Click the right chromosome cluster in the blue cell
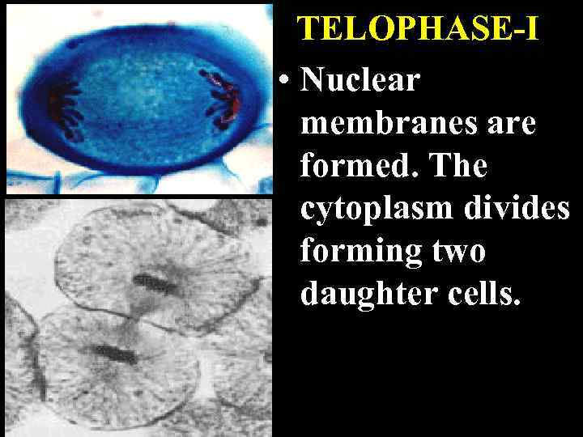220,96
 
